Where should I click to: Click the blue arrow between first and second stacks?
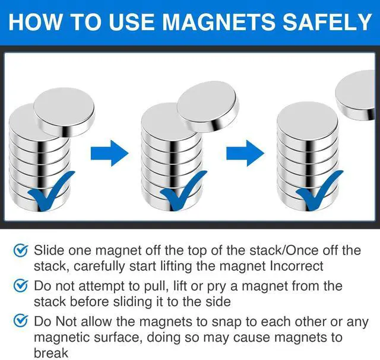click(109, 154)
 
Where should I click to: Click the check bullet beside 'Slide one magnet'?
click(20, 251)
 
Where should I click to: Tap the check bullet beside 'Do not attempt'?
click(20, 286)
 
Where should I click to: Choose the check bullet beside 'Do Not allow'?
click(20, 323)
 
